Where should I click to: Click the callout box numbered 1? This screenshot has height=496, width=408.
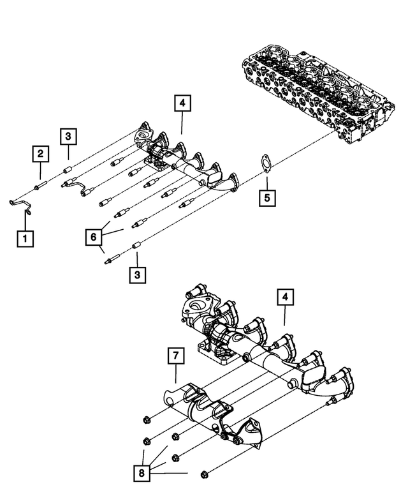[25, 239]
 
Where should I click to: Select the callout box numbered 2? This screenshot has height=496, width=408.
[40, 153]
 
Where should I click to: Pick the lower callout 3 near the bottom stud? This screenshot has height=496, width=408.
[136, 276]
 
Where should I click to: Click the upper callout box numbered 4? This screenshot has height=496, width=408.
[182, 104]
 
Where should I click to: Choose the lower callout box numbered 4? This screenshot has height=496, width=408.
[284, 297]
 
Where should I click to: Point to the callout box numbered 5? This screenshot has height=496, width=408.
[268, 199]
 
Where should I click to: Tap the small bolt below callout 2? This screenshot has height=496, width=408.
[39, 186]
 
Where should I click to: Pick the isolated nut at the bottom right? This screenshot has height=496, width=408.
[205, 474]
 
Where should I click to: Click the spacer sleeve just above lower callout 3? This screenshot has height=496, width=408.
[135, 246]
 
